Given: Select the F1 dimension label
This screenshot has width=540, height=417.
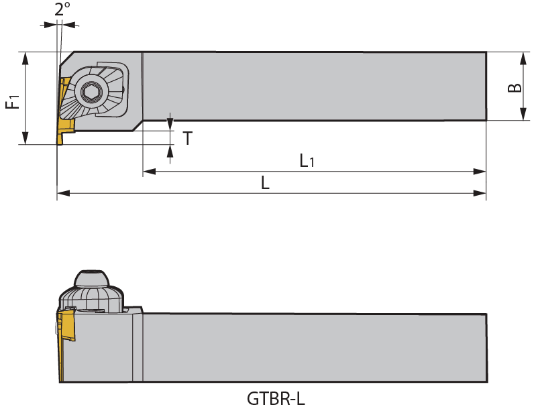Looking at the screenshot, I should tap(12, 101).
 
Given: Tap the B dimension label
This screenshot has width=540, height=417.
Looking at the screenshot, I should tap(515, 87).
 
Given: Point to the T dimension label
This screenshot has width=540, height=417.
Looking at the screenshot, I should tap(188, 139).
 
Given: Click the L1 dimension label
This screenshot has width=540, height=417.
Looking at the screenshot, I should tap(307, 161).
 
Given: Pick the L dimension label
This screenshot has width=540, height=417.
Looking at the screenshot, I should tap(266, 183).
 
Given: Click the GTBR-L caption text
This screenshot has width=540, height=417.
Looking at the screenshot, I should tap(276, 399).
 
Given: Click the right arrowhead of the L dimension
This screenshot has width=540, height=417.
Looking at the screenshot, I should tap(480, 194).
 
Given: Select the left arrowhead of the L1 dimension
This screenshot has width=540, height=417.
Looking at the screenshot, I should tap(149, 172).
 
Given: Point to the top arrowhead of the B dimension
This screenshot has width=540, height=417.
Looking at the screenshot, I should tap(523, 58).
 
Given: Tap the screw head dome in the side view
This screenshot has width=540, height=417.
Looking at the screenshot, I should tap(91, 278).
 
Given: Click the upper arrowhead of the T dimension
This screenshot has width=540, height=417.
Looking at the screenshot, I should tap(170, 124).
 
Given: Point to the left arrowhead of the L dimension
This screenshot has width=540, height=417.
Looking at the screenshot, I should tap(63, 194).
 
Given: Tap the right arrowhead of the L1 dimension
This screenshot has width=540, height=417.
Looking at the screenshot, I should tap(480, 172).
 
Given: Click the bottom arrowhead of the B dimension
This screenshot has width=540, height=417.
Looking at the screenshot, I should tap(523, 115).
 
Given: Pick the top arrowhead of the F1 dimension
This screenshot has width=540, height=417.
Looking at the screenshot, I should tap(25, 58).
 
